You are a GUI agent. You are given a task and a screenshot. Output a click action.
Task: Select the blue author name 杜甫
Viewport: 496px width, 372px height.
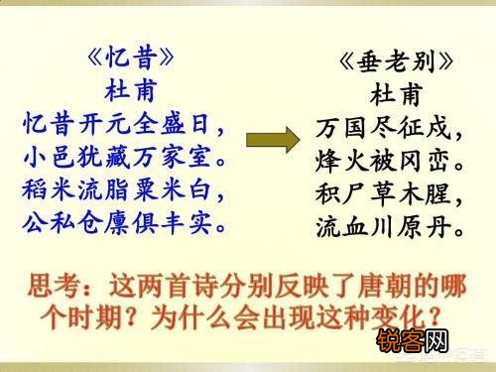[x=125, y=89]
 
